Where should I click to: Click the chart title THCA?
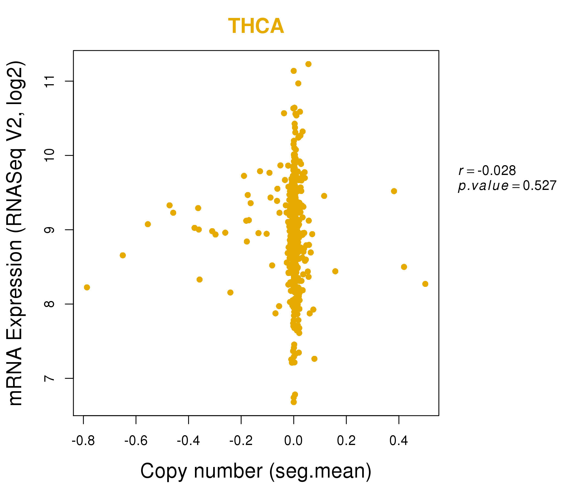coord(256,26)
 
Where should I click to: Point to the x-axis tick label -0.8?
coord(83,441)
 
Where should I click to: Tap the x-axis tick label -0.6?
coord(136,441)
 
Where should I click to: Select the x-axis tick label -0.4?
coord(188,441)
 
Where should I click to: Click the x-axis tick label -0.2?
coord(241,441)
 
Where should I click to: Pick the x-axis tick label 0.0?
coord(293,441)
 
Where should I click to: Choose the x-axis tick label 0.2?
coord(346,441)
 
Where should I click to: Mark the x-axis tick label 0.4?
coord(399,441)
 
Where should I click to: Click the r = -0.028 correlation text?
coord(487,171)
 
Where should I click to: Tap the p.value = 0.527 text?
coord(507,186)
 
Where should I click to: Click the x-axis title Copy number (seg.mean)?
coord(256,471)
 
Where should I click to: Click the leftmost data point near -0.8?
coord(87,287)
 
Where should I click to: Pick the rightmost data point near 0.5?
coord(425,284)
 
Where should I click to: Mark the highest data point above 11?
coord(308,64)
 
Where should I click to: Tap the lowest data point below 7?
coord(294,402)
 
